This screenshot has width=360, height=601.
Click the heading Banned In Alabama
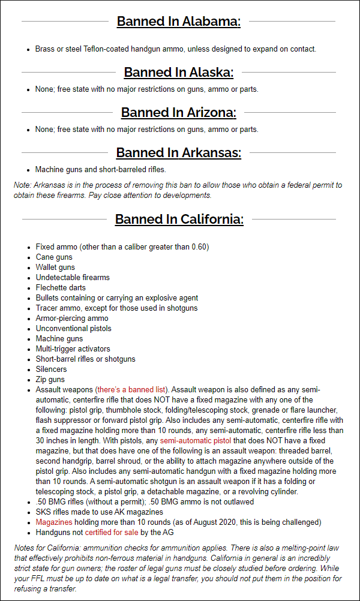[x=178, y=22]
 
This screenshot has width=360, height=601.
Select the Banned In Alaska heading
[x=178, y=73]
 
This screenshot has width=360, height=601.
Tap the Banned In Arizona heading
[x=178, y=113]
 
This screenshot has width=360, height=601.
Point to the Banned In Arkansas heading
[x=178, y=153]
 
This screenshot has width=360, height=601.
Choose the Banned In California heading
[x=179, y=219]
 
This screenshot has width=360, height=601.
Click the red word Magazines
[x=54, y=522]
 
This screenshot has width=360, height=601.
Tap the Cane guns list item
[x=54, y=257]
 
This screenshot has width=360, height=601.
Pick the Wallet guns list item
[x=56, y=268]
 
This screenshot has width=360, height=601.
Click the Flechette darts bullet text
[x=61, y=288]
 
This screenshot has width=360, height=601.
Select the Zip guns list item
[x=50, y=380]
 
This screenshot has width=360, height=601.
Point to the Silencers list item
[x=52, y=369]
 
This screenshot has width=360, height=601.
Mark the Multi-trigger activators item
[x=73, y=349]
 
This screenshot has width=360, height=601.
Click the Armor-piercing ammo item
[x=72, y=318]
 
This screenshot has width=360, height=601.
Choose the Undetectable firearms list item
[x=73, y=278]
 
